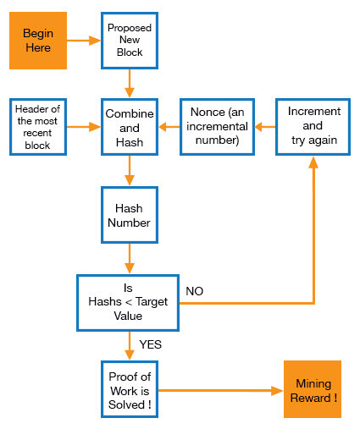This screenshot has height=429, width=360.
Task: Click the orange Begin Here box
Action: (x=38, y=41)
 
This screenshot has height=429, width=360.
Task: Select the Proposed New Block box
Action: (x=130, y=41)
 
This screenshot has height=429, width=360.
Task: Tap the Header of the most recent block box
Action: (x=38, y=127)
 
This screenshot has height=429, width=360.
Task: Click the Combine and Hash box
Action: (x=130, y=127)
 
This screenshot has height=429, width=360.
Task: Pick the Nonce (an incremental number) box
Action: (x=217, y=127)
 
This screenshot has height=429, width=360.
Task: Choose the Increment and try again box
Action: (x=313, y=127)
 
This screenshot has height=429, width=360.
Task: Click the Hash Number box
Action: (x=130, y=215)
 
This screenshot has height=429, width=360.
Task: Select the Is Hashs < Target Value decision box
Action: (x=128, y=303)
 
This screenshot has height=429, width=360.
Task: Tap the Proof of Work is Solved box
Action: (x=130, y=389)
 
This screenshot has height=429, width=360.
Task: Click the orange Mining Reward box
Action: (x=313, y=389)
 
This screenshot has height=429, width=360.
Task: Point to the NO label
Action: (x=195, y=291)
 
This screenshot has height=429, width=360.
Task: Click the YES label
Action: (x=151, y=344)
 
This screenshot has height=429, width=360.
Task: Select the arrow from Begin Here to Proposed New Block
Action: (x=84, y=41)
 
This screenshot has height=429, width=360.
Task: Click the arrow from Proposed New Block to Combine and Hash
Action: (x=130, y=84)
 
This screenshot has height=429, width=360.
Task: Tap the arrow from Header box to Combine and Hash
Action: (x=84, y=127)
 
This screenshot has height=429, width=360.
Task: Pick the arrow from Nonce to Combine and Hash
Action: (x=169, y=127)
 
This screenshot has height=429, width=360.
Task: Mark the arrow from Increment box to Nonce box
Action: (x=265, y=127)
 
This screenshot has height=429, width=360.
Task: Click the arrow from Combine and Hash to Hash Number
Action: (x=130, y=171)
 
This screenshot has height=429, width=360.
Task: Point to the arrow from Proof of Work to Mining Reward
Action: (x=221, y=391)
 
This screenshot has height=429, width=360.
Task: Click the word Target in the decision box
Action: (x=152, y=302)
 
